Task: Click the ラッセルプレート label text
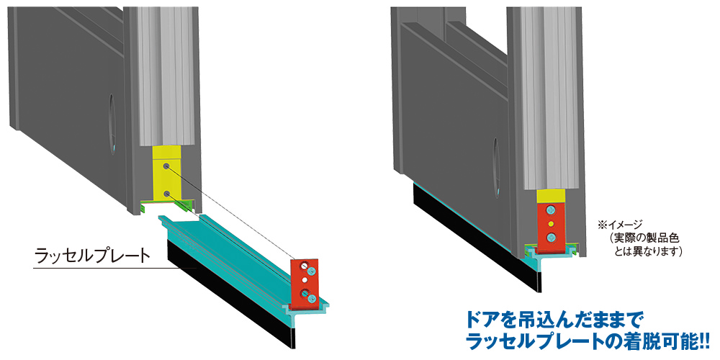92,256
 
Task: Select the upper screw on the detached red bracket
312,271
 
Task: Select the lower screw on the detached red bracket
312,299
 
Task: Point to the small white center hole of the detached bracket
304,279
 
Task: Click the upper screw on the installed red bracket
551,211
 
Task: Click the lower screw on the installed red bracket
551,238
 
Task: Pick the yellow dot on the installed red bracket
551,224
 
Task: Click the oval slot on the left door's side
112,125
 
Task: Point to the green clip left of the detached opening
143,209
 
